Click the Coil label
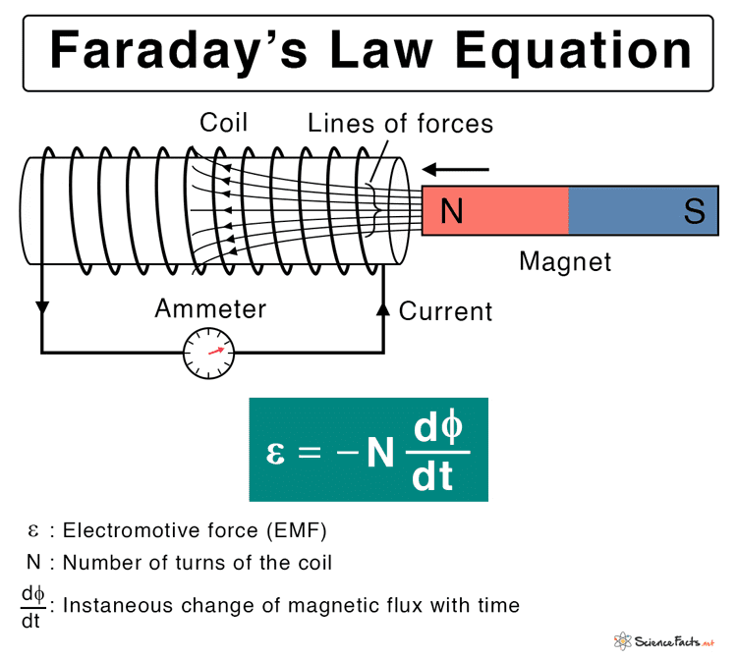pos(224,123)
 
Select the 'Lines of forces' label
pos(400,123)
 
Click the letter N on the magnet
pos(451,211)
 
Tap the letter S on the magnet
pos(695,211)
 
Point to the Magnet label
pos(565,262)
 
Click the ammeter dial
pos(210,354)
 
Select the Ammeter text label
pos(210,309)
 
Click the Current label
pos(445,312)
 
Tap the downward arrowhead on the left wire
pos(41,307)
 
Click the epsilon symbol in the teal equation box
pos(276,453)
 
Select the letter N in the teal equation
pos(376,454)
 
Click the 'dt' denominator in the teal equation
pos(433,477)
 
